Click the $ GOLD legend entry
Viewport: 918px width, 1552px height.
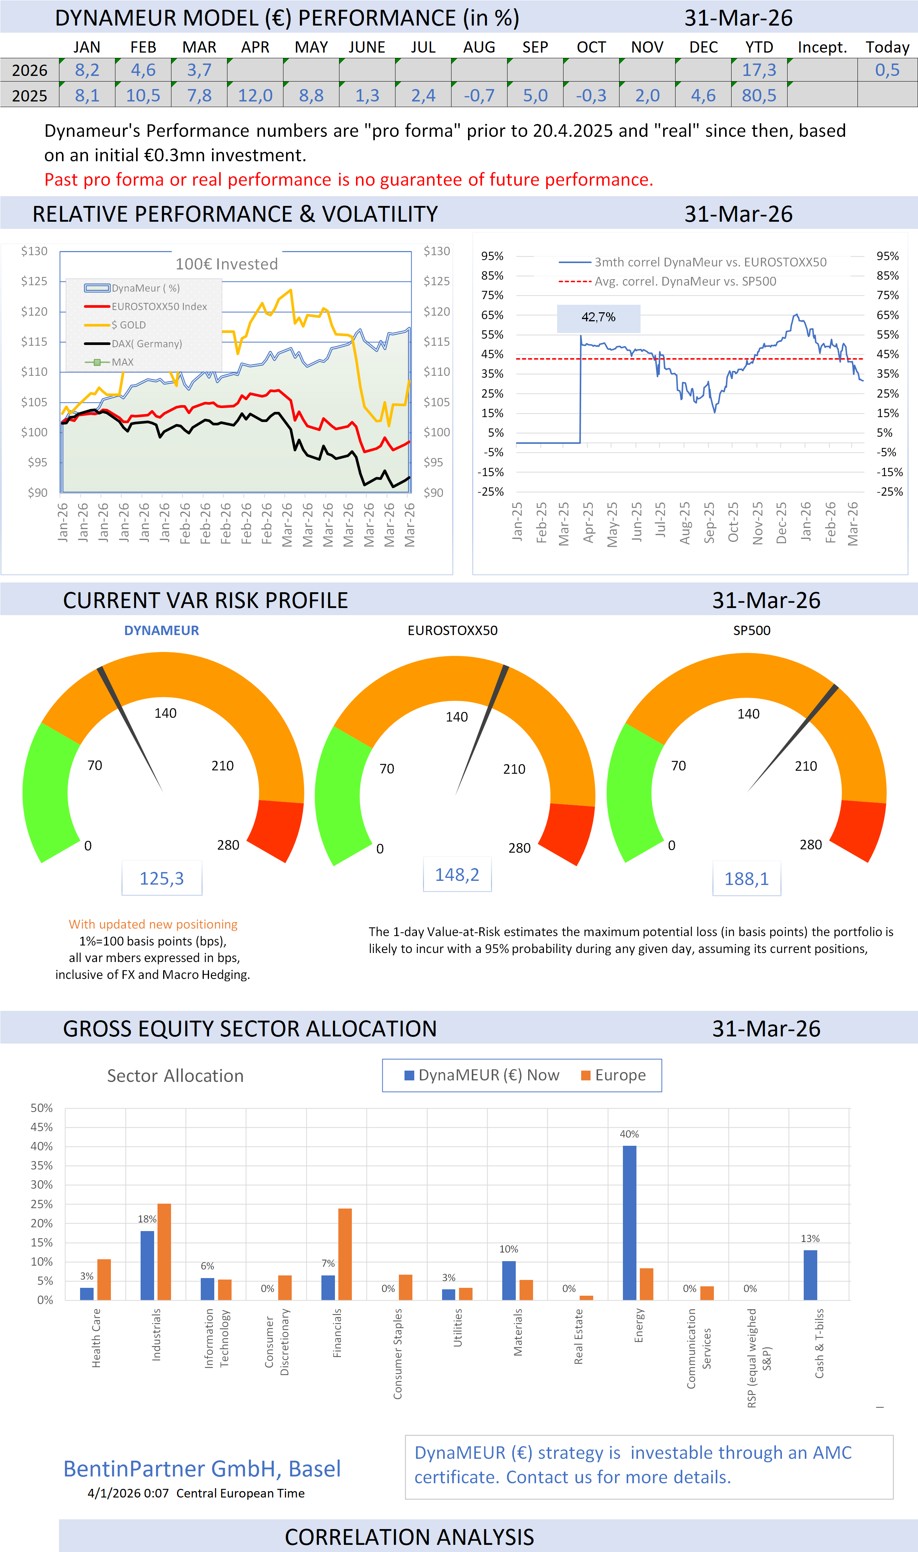point(128,325)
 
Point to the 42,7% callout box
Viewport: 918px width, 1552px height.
point(598,317)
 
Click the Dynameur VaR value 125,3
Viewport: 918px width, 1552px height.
point(161,878)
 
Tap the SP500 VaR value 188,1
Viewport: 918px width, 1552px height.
point(746,878)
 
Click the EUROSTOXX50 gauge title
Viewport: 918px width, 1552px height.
point(452,630)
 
